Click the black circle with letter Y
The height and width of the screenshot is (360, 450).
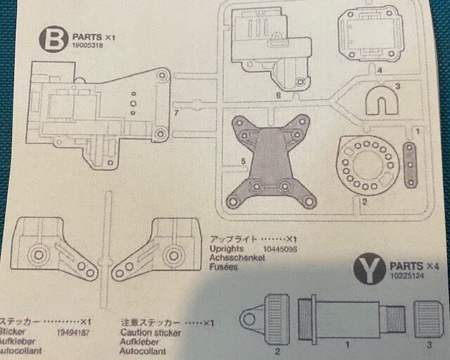(366, 271)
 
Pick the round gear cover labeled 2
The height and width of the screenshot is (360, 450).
(367, 163)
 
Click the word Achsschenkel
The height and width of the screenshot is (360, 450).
(237, 258)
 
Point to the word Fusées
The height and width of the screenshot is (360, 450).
(224, 267)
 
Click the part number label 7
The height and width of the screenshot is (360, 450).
(176, 113)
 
